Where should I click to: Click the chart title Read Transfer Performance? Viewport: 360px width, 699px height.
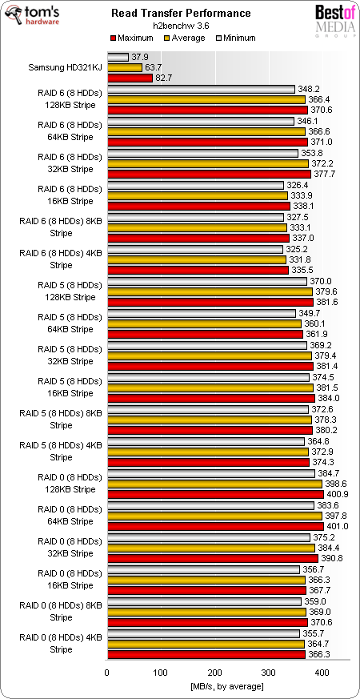[180, 13]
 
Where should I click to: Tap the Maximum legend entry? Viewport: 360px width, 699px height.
[133, 38]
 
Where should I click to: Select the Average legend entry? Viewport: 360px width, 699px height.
[183, 38]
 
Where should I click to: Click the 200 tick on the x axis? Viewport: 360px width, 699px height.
[214, 671]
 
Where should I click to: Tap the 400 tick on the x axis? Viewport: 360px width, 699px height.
[322, 671]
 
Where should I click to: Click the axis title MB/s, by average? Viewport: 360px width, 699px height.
[227, 685]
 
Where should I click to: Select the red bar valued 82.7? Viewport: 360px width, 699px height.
[129, 78]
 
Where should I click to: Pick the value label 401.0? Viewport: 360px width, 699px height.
[337, 526]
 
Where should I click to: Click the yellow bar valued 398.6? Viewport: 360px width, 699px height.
[214, 484]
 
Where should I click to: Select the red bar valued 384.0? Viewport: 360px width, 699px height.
[210, 398]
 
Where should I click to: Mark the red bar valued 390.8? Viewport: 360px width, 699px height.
[212, 558]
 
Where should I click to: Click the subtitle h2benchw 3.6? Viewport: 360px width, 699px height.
[180, 25]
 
